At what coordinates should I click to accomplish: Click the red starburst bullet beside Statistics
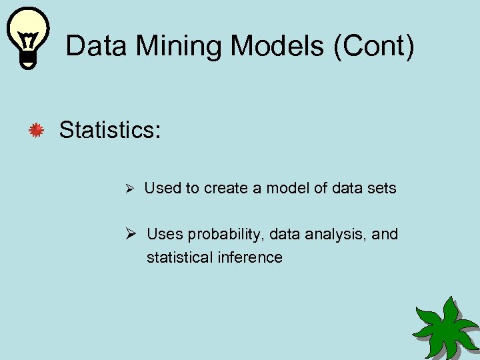click(x=35, y=131)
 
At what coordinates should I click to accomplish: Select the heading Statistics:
click(x=110, y=130)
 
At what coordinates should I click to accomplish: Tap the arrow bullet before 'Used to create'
click(x=131, y=189)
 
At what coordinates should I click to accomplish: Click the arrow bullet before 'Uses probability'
click(x=131, y=234)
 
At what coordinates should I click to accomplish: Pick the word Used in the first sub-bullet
click(x=162, y=189)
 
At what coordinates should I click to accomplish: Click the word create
click(x=226, y=189)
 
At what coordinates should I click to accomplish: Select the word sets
click(x=381, y=189)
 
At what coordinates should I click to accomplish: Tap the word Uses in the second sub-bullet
click(x=165, y=234)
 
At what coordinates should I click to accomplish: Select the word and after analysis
click(x=385, y=234)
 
